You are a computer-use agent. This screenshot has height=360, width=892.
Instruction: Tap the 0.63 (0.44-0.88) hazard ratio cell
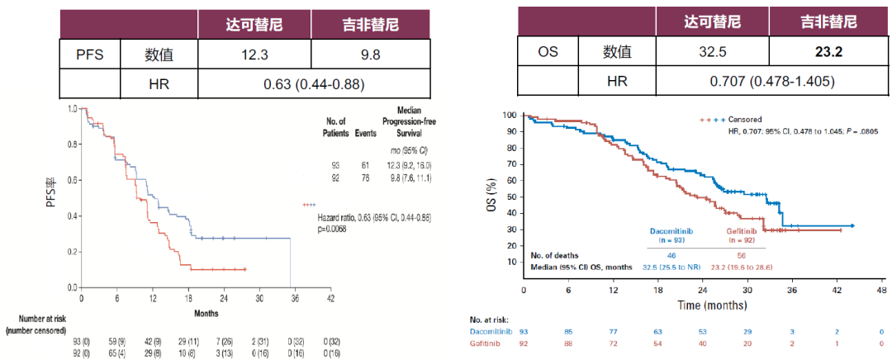pyautogui.click(x=314, y=84)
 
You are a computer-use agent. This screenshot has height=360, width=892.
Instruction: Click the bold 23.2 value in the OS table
pyautogui.click(x=827, y=52)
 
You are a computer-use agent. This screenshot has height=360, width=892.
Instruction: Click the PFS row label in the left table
pyautogui.click(x=91, y=54)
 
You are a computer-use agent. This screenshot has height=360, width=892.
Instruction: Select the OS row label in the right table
pyautogui.click(x=548, y=52)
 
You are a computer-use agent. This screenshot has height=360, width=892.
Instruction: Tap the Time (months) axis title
pyautogui.click(x=701, y=305)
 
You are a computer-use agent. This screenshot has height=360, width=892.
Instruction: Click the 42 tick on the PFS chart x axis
pyautogui.click(x=330, y=298)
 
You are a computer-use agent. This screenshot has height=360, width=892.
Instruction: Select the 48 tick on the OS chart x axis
pyautogui.click(x=881, y=291)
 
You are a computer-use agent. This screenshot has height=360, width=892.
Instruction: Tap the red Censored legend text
pyautogui.click(x=743, y=120)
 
